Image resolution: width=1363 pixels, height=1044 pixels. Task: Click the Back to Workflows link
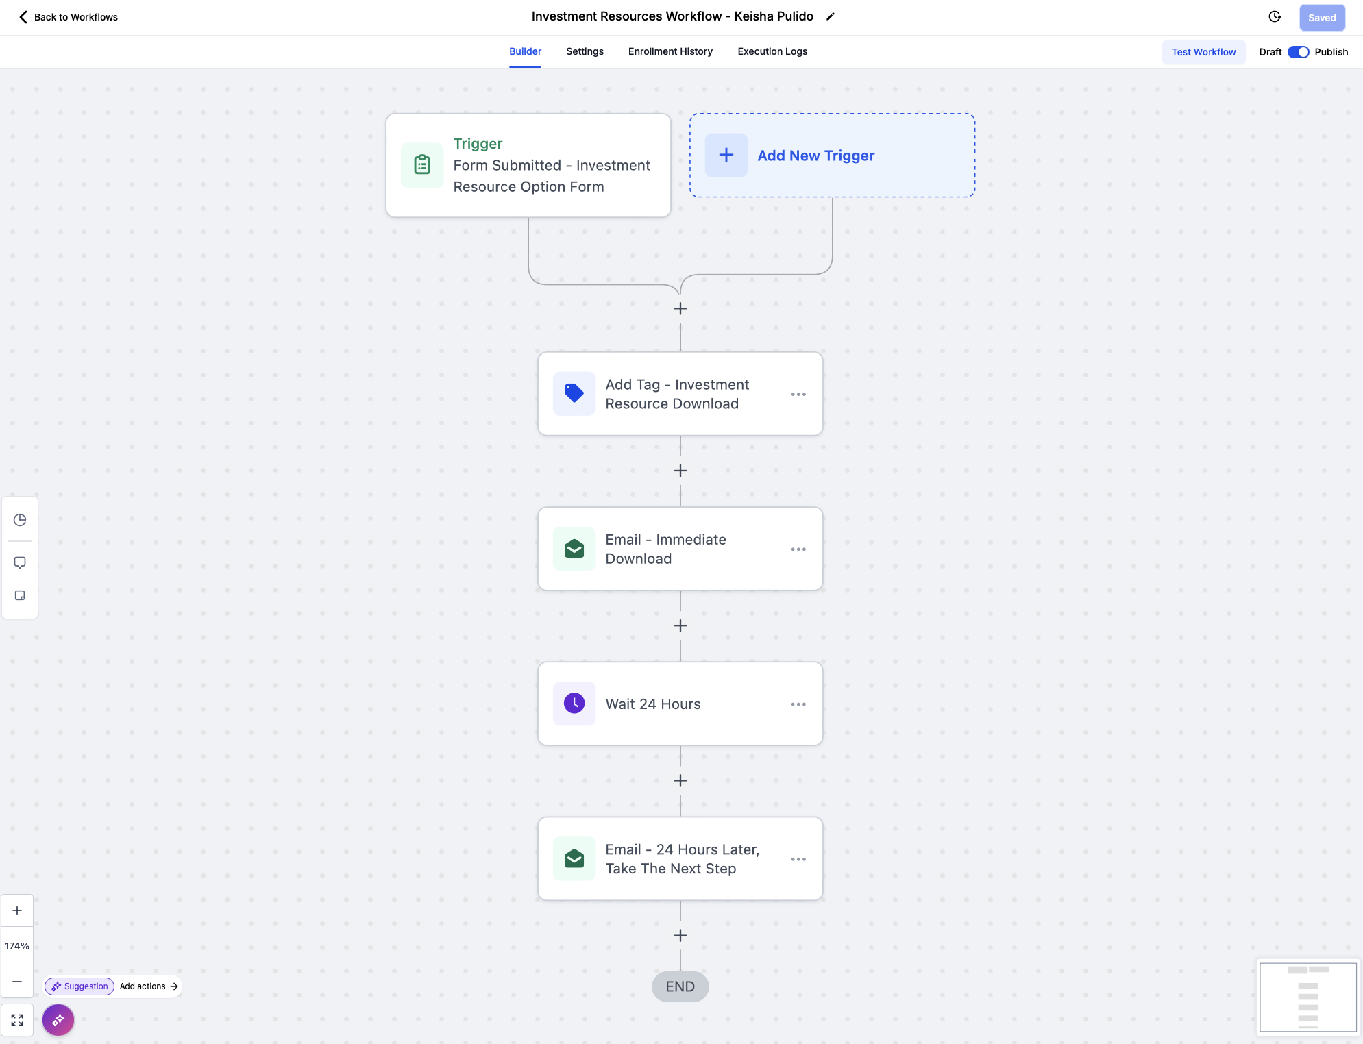(x=69, y=17)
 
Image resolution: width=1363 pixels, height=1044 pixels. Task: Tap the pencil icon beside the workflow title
(x=831, y=16)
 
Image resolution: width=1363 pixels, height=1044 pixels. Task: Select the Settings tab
(x=585, y=51)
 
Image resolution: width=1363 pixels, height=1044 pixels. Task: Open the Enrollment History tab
(x=670, y=51)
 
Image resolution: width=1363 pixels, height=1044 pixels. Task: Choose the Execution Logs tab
(x=772, y=51)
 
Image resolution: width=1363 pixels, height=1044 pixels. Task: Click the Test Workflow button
(x=1203, y=52)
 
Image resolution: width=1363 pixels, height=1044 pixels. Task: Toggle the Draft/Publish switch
(x=1298, y=52)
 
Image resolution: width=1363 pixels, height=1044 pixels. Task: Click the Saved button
(x=1322, y=18)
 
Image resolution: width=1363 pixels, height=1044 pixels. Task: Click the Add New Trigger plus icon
(x=726, y=156)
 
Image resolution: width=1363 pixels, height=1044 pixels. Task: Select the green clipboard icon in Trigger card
(x=422, y=165)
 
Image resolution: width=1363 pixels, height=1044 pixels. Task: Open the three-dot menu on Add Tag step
(x=798, y=394)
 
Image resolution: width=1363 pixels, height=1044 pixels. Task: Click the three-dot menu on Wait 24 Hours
(x=798, y=704)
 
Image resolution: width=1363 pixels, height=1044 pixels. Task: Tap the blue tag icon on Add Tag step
(x=574, y=393)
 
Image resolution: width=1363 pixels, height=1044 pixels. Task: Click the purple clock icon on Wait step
(x=574, y=703)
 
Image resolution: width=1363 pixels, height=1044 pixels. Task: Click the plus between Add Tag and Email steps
(x=680, y=471)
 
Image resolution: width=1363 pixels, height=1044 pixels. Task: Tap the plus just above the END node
(x=680, y=936)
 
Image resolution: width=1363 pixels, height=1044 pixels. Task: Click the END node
(x=680, y=986)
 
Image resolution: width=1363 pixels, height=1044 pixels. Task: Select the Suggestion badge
(x=79, y=986)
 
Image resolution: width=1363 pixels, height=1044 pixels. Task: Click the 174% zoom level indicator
(x=17, y=946)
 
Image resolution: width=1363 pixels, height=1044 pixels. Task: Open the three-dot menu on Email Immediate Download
(x=798, y=549)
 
